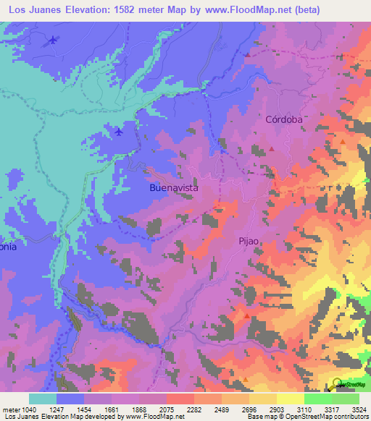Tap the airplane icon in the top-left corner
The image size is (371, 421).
(x=53, y=41)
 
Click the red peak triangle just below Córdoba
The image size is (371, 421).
(x=272, y=148)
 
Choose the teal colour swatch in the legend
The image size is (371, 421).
(x=43, y=399)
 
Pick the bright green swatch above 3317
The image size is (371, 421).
(x=317, y=399)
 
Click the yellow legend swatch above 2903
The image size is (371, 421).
(x=262, y=399)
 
